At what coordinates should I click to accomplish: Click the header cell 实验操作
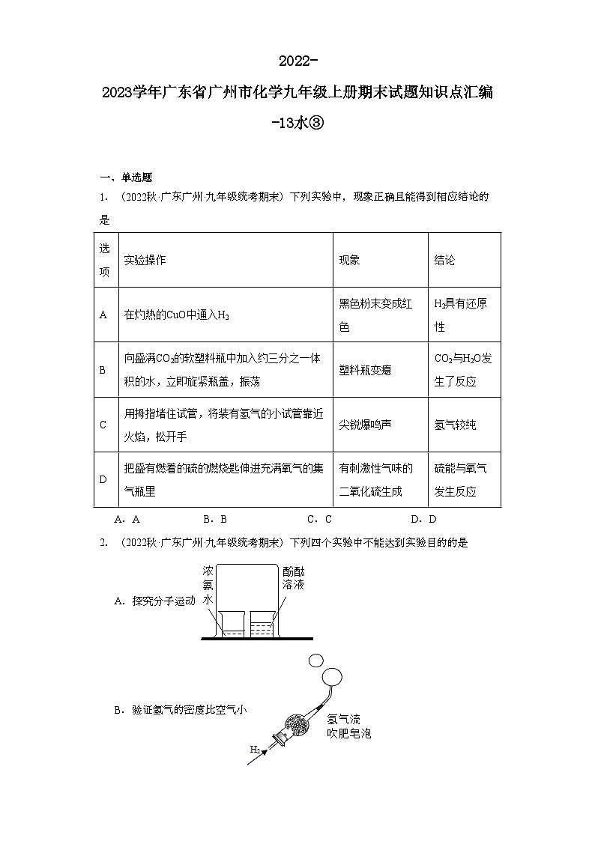[x=145, y=260]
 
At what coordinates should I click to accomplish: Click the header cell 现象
[x=349, y=260]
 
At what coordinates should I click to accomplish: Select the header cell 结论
[x=444, y=260]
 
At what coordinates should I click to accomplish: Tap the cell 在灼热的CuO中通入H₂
[x=176, y=315]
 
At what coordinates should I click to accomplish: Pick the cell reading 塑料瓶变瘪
[x=365, y=370]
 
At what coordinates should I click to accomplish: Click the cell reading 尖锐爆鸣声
[x=365, y=425]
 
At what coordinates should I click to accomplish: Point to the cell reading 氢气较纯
[x=455, y=425]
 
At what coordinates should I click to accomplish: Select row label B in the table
[x=103, y=370]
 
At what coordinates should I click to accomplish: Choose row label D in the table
[x=103, y=480]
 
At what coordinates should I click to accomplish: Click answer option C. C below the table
[x=319, y=518]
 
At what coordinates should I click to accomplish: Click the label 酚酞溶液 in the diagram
[x=293, y=576]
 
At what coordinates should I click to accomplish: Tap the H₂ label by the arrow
[x=255, y=748]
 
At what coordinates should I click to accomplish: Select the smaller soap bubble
[x=315, y=660]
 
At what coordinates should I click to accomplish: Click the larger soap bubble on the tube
[x=331, y=677]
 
